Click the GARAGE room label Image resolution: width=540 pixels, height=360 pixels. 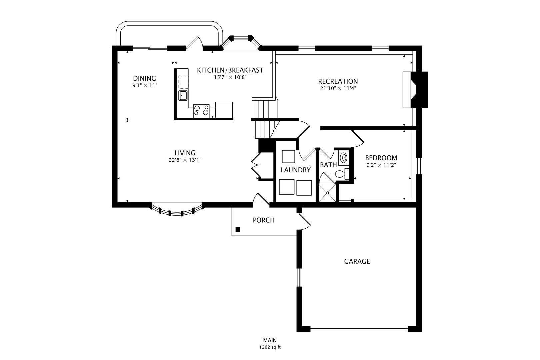click(357, 261)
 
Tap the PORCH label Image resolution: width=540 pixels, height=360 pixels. click(263, 220)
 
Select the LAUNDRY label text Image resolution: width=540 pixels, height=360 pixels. click(296, 170)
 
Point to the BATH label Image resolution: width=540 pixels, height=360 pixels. click(328, 165)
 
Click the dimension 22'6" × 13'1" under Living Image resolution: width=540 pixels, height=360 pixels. click(185, 160)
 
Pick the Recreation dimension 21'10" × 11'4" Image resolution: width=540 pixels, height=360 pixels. click(338, 88)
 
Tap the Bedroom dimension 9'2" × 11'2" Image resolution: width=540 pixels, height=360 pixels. click(381, 165)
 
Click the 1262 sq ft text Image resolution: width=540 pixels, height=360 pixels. click(270, 347)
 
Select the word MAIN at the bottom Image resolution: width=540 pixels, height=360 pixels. click(270, 340)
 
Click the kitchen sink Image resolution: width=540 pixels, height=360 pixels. click(183, 95)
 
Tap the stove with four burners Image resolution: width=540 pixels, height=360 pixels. click(201, 111)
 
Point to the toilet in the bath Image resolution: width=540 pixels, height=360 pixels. click(342, 174)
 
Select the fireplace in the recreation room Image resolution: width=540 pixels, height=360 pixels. click(415, 90)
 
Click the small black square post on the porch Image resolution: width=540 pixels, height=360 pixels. click(238, 230)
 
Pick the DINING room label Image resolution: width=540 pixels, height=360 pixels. click(144, 78)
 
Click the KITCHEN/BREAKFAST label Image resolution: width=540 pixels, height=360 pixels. click(230, 70)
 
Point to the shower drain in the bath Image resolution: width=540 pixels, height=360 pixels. click(327, 193)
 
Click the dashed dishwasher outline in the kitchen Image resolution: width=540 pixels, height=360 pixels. click(183, 82)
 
